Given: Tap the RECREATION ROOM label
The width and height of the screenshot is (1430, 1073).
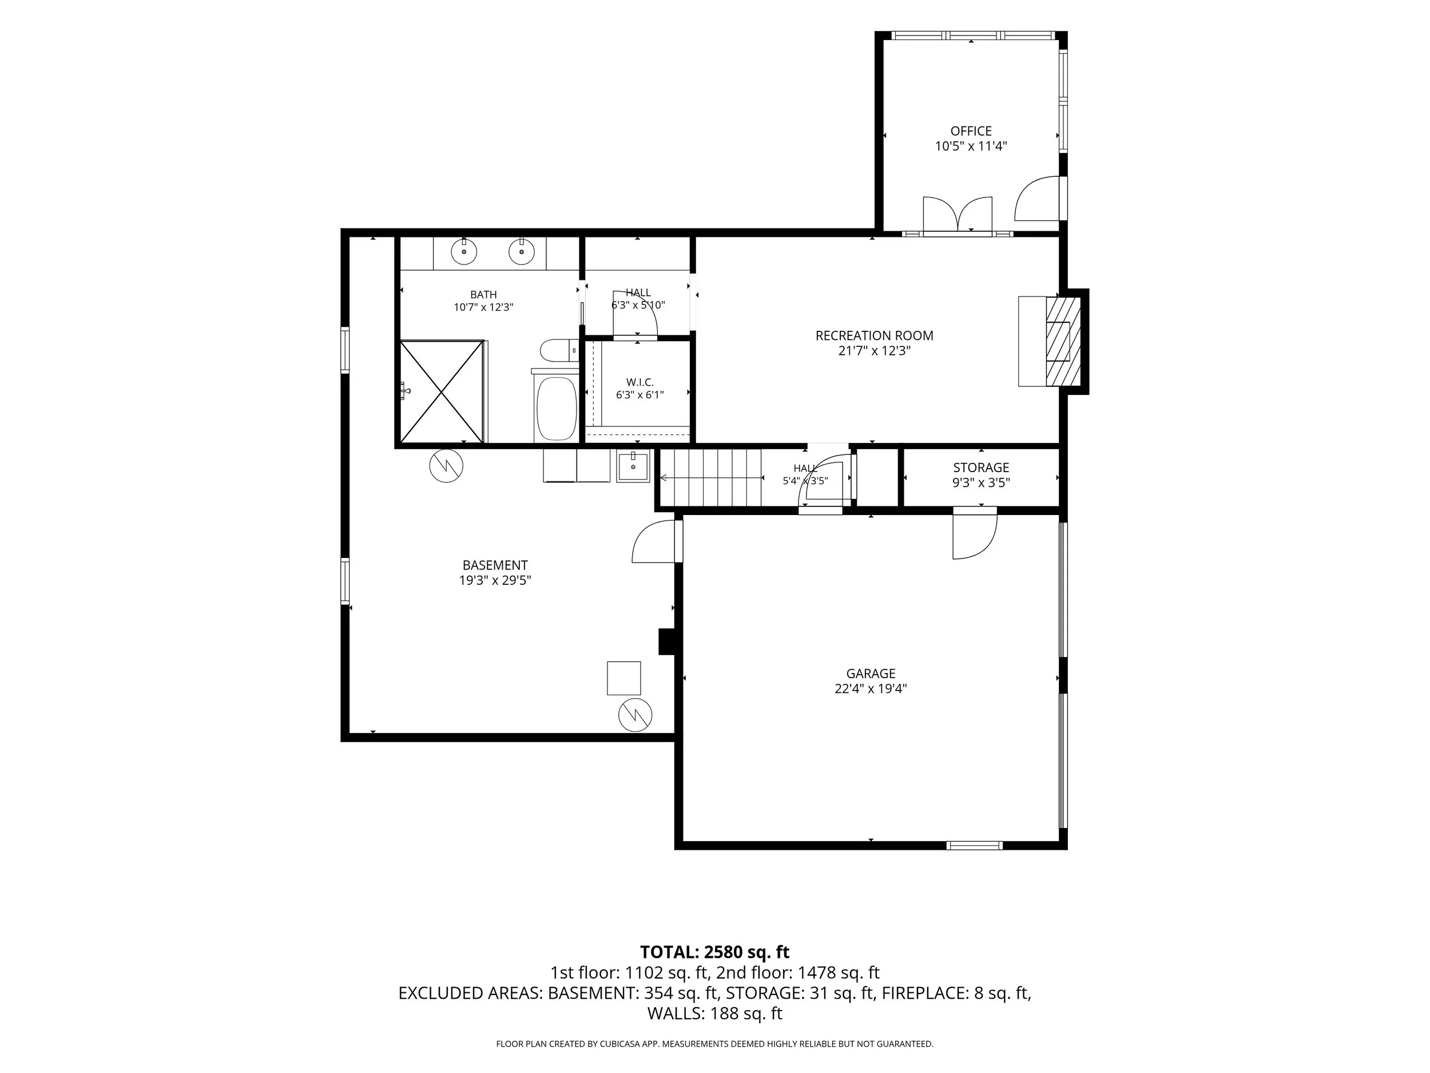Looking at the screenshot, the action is click(x=874, y=336).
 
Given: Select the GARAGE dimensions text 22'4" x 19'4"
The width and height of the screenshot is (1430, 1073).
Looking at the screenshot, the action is click(x=870, y=689).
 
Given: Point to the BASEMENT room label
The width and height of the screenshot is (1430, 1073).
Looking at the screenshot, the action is click(x=495, y=565).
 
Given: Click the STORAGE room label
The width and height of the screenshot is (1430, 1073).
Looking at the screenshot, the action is click(x=981, y=468).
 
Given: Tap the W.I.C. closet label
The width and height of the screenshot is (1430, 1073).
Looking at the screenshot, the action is click(x=639, y=383).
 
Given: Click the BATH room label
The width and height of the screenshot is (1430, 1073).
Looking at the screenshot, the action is click(x=483, y=295).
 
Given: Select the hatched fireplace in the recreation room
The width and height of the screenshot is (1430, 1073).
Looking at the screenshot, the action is click(x=1063, y=341).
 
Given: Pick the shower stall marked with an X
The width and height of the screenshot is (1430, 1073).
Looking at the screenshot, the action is click(x=442, y=392).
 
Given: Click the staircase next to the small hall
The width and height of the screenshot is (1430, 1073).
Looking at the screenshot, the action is click(x=710, y=478).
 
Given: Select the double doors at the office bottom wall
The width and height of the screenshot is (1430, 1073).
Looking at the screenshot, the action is click(x=958, y=214).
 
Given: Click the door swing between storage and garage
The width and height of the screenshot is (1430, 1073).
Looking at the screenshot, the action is click(x=975, y=533).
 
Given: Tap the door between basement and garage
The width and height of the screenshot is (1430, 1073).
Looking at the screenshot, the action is click(x=657, y=542).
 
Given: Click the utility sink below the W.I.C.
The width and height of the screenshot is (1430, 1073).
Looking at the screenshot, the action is click(x=633, y=466).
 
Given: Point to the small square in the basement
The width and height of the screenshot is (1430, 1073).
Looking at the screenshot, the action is click(x=624, y=678).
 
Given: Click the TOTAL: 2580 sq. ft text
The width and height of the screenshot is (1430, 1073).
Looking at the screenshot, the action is click(x=714, y=952).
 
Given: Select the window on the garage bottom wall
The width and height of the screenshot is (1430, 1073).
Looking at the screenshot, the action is click(x=974, y=845).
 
